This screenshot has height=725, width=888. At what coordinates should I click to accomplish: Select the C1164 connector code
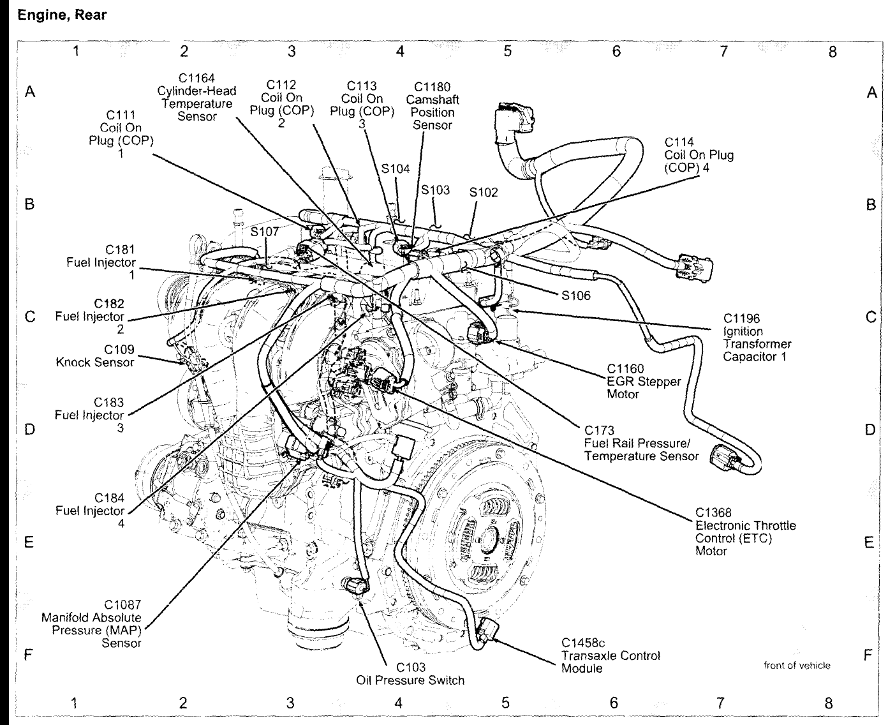(x=196, y=78)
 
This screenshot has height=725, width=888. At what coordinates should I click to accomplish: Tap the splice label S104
(x=396, y=169)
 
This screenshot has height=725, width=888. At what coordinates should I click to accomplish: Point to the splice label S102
(x=483, y=192)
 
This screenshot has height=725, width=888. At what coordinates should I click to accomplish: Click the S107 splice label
(x=265, y=232)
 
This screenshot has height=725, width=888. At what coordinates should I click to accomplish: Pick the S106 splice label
(x=576, y=295)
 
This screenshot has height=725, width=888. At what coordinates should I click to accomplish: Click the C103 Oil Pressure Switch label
(x=410, y=674)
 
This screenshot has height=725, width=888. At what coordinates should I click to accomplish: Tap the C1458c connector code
(x=583, y=643)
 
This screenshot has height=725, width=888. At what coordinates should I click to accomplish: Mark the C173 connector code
(x=598, y=431)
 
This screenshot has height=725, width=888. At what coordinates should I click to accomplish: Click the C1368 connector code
(x=713, y=512)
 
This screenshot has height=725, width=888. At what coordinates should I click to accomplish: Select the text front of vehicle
(x=797, y=666)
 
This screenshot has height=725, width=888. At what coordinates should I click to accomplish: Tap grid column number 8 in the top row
(x=832, y=52)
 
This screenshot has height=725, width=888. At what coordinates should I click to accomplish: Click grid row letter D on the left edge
(x=29, y=430)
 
